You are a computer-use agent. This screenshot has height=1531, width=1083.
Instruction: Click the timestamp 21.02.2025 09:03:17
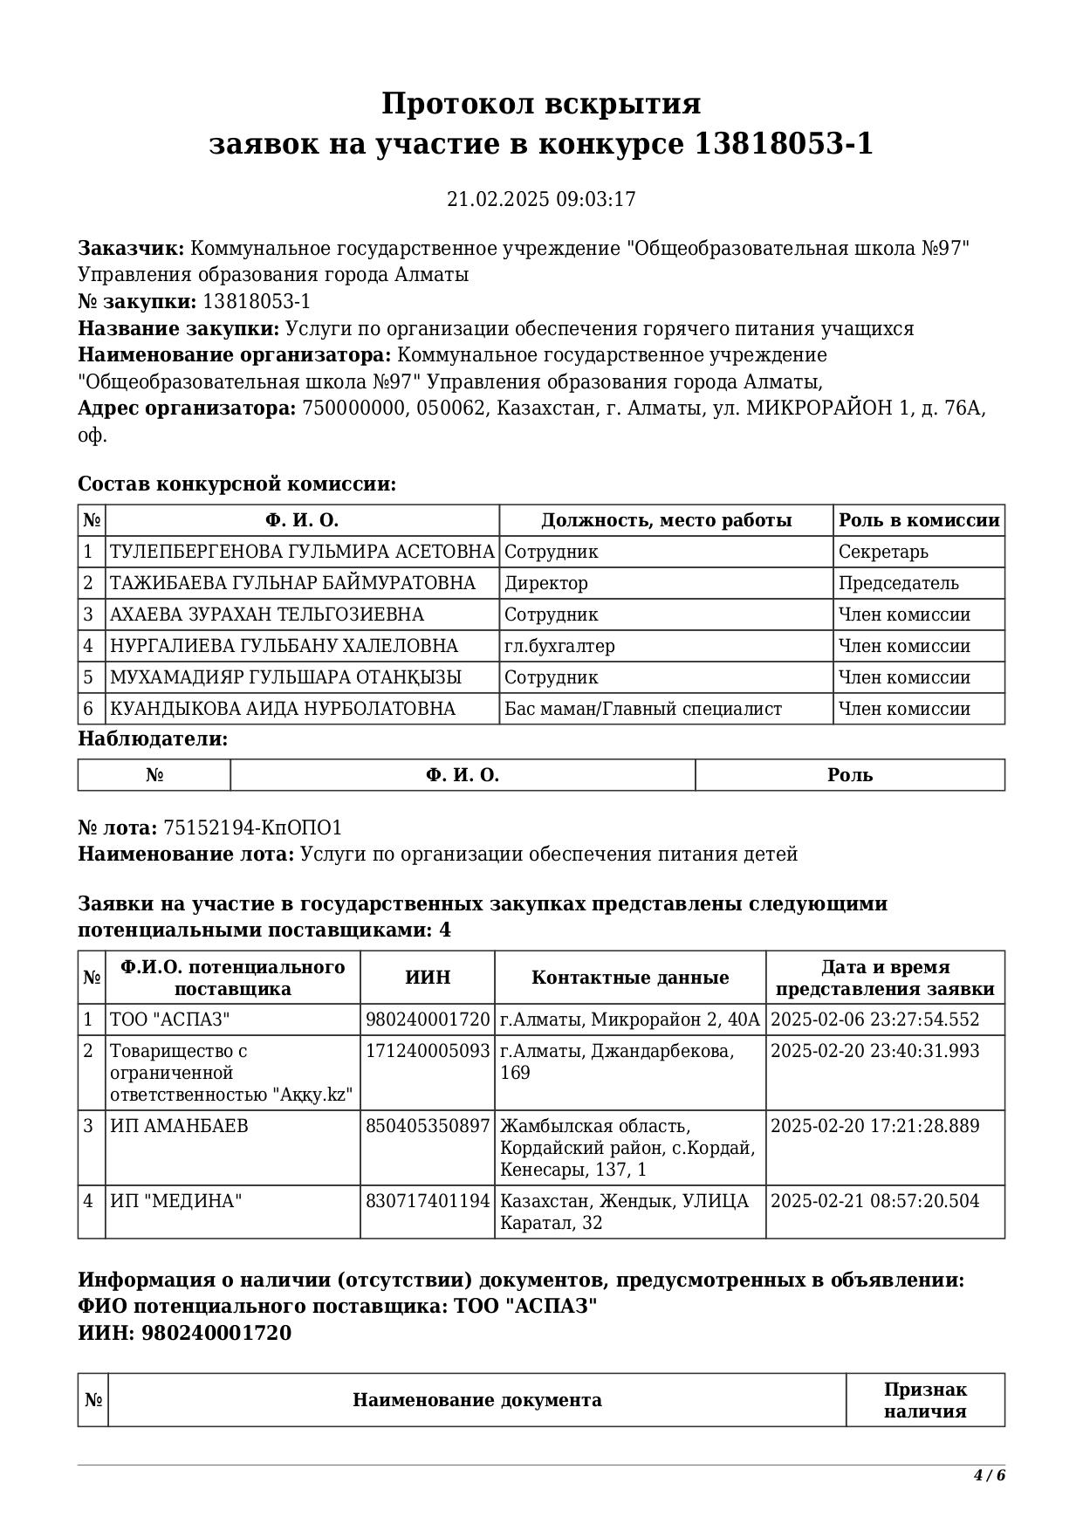pos(541,199)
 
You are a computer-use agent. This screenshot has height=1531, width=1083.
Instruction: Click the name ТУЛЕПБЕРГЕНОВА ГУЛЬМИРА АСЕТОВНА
pos(302,552)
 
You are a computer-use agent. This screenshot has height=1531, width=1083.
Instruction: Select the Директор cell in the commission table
pos(546,583)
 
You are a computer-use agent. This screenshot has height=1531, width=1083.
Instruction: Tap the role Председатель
pos(898,583)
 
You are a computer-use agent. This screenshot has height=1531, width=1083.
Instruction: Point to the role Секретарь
pos(883,552)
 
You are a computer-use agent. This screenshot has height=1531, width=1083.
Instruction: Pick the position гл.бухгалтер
pos(559,646)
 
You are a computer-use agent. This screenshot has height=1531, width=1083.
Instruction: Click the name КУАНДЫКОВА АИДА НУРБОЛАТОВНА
pos(283,709)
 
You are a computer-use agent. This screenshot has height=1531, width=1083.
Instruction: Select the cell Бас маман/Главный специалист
pos(643,709)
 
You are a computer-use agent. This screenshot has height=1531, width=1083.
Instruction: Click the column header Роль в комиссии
pos(919,520)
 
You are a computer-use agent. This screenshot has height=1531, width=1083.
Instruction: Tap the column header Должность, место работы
pos(667,520)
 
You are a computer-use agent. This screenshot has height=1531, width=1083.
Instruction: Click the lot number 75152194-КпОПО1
pos(253,827)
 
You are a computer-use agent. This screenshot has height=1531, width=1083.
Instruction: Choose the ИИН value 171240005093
pos(428,1051)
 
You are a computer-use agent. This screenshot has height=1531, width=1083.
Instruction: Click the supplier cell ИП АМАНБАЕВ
pos(179,1126)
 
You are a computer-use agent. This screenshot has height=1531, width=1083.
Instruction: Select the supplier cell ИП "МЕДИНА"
pos(175,1201)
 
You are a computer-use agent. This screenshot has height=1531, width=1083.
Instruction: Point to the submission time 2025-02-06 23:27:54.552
pos(874,1020)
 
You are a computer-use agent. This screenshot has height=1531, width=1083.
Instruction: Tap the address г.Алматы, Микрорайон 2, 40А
pos(629,1020)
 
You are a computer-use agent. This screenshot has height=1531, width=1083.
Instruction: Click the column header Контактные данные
pos(630,978)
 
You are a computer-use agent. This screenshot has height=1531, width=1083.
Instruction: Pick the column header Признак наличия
pos(925,1400)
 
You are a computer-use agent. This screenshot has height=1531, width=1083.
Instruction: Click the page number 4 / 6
pos(990,1475)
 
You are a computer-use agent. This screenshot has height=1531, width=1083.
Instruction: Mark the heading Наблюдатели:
pos(154,738)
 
